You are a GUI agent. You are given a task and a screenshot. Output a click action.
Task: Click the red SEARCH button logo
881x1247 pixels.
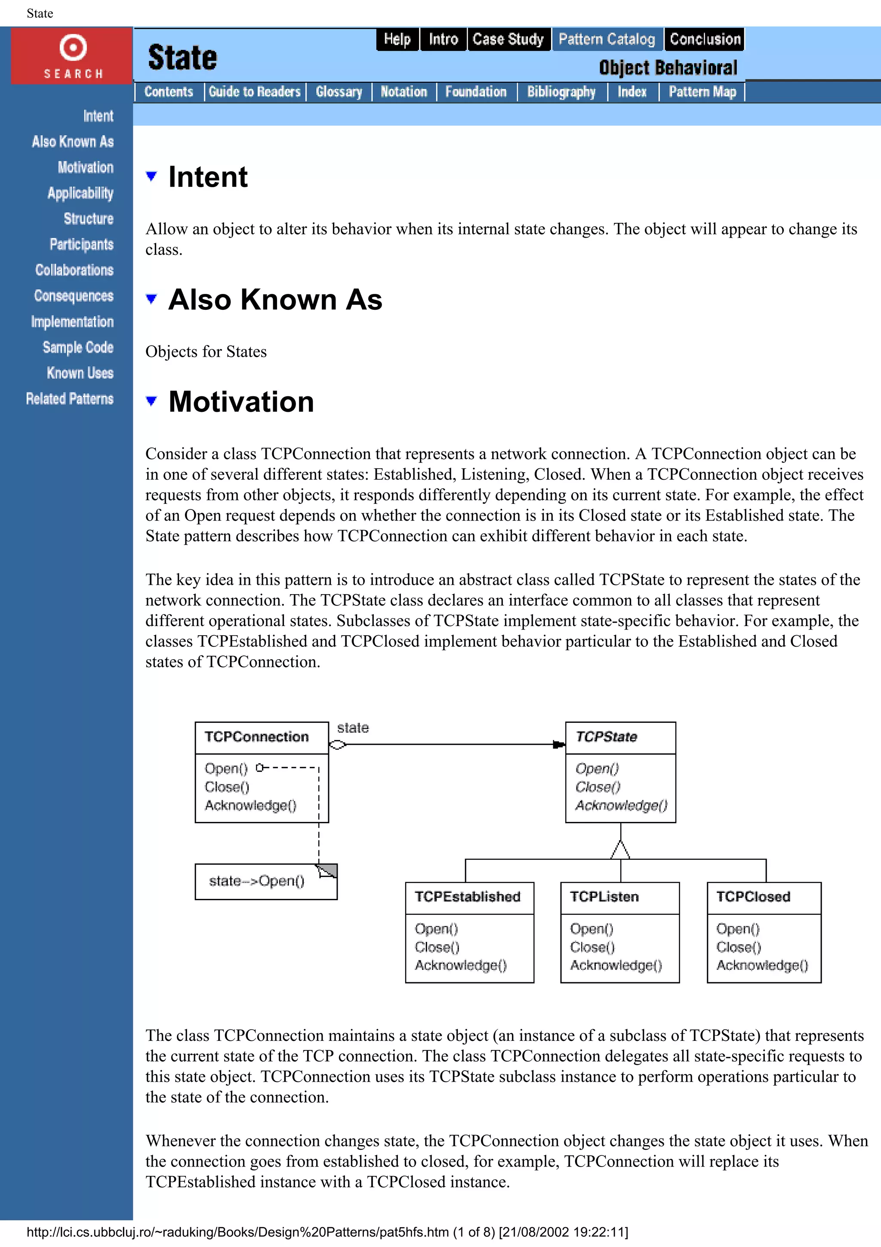pos(72,56)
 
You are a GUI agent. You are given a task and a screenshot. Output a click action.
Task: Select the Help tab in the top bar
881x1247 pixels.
pos(397,39)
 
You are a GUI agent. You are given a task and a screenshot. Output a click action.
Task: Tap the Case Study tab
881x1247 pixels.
pos(508,39)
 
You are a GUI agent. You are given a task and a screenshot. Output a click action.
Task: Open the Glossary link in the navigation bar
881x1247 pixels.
pos(339,92)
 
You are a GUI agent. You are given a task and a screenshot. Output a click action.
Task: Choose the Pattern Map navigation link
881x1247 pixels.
pos(702,92)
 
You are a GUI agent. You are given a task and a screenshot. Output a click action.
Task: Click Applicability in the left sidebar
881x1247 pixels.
pos(80,193)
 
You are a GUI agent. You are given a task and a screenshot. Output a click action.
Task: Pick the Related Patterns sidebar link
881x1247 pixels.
pos(70,398)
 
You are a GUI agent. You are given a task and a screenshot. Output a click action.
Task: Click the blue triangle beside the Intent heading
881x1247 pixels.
pos(151,176)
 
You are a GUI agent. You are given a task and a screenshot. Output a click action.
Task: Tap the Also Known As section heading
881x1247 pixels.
pos(275,299)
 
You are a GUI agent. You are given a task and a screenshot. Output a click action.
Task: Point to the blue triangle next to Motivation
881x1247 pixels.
pos(151,401)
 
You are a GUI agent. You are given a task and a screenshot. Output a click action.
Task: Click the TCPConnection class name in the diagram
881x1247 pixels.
pos(256,737)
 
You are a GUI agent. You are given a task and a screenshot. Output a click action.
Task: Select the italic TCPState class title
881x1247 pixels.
pos(606,737)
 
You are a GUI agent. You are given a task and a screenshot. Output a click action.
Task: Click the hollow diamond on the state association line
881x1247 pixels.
pos(337,744)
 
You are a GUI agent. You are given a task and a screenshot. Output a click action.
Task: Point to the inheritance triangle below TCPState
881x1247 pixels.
pos(620,849)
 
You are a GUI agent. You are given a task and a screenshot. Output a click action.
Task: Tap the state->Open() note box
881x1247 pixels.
pos(257,881)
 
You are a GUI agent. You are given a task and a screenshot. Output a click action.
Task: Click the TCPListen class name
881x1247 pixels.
pos(604,897)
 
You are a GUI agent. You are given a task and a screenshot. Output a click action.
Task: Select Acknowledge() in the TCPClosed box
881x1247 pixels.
pos(761,965)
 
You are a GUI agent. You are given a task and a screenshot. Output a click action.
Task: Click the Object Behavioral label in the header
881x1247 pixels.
pos(668,68)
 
